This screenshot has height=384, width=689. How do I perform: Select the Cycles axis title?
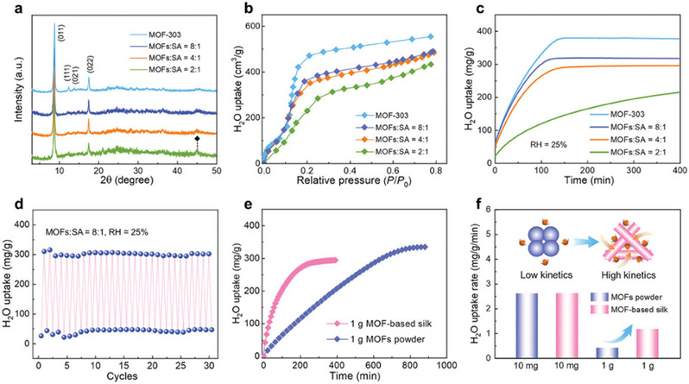pos(125,377)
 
